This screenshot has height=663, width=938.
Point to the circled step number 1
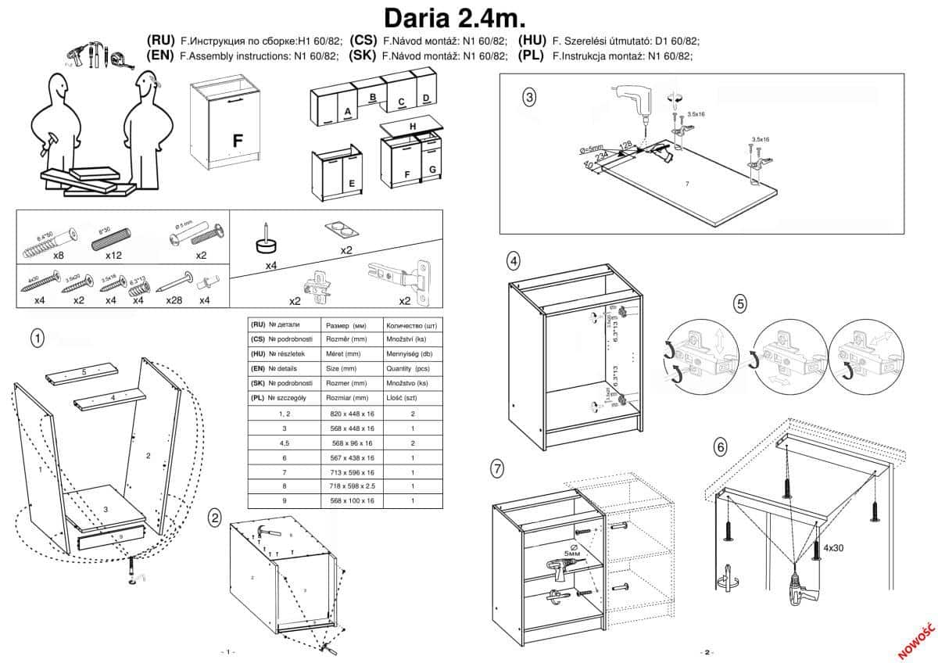(x=37, y=338)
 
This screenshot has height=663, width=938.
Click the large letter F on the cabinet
(x=238, y=141)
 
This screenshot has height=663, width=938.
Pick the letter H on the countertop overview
(x=411, y=127)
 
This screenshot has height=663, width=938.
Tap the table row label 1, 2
(x=285, y=414)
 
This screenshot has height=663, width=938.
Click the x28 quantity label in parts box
(x=174, y=300)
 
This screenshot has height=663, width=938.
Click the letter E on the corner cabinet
(x=352, y=184)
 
